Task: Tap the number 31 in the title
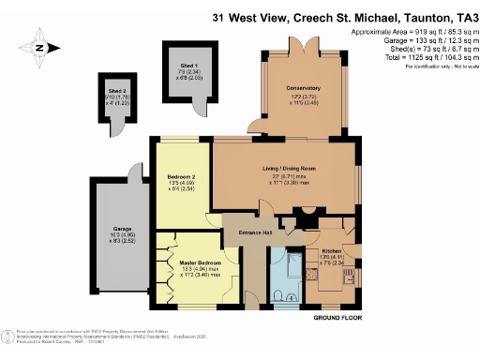218,16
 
